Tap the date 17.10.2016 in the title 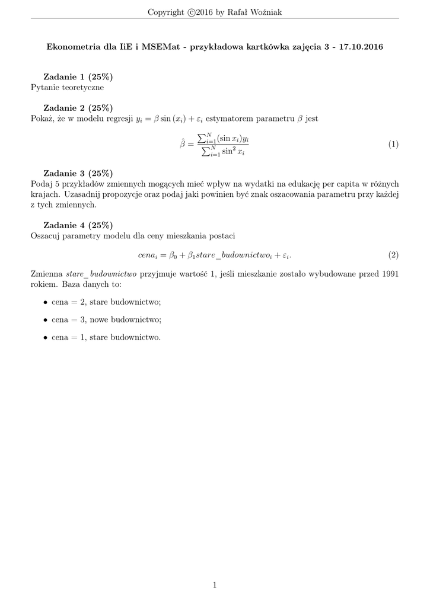[x=361, y=47]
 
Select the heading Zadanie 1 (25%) [x=78, y=77]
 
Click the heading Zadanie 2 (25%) [x=78, y=108]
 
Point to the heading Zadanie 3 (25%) [x=78, y=173]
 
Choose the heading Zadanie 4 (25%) [x=78, y=225]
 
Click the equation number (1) [x=393, y=145]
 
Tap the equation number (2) [x=393, y=255]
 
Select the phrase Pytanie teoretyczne [x=67, y=88]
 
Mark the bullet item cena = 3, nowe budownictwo [x=106, y=320]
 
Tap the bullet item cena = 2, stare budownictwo [x=106, y=302]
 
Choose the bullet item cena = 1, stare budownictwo [x=106, y=337]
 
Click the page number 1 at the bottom [x=215, y=585]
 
